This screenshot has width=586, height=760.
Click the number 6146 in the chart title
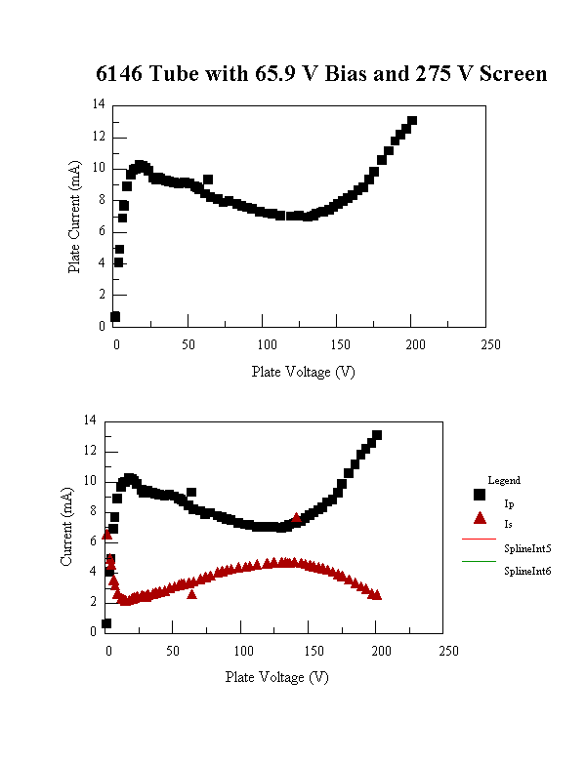120,74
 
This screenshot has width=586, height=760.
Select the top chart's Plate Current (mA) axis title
74,216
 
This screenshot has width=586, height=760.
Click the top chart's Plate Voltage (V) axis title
303,371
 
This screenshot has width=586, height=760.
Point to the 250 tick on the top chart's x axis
491,344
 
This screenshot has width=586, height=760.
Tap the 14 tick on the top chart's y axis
100,103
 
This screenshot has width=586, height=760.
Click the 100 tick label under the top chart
266,344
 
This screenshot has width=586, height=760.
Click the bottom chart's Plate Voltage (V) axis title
277,676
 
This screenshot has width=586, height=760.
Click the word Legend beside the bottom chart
505,480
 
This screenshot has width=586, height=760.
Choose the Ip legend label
509,503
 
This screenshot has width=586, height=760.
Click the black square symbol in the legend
479,497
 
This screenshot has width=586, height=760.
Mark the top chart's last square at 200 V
412,121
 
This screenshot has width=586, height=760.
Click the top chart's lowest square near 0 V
115,316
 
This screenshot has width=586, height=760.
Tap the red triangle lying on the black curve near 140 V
297,518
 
